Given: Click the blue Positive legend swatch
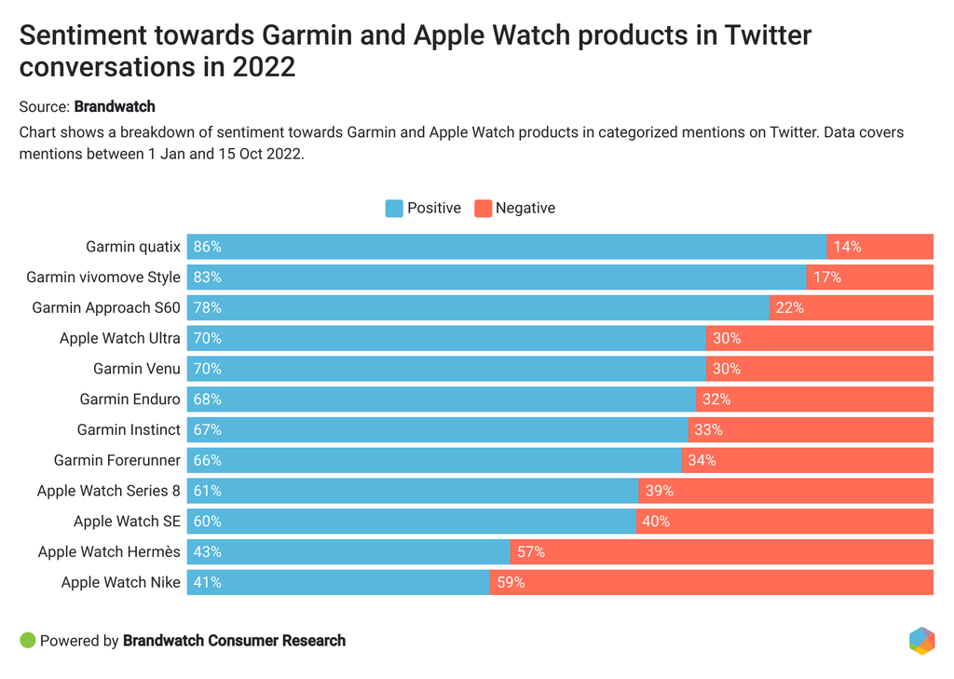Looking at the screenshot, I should [394, 209].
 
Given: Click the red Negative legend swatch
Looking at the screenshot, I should [483, 209].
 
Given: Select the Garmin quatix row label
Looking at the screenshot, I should [133, 247].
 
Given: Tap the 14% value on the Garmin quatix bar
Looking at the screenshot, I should [848, 247].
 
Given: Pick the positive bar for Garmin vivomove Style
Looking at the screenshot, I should [497, 278].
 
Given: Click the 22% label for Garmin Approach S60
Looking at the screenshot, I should [789, 307].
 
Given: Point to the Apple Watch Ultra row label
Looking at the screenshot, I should [120, 338].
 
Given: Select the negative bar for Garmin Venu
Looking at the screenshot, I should [820, 369].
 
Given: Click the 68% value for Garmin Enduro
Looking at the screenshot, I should [208, 400].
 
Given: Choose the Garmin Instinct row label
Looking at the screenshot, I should [129, 429].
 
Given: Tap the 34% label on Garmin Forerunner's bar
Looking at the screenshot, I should [702, 460].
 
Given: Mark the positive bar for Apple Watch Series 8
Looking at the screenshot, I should [413, 491].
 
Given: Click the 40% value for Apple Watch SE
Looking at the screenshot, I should [656, 522].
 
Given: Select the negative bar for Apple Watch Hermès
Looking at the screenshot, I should [722, 551].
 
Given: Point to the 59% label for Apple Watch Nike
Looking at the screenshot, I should [511, 582].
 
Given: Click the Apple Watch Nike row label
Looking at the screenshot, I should [121, 582].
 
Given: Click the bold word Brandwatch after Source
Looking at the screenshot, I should [115, 106].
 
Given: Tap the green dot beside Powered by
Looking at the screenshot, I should [27, 641].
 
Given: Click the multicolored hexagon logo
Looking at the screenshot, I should [921, 641].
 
